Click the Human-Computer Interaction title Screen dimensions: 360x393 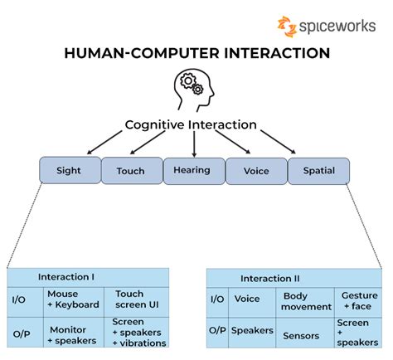(x=196, y=53)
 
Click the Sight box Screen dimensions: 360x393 (x=69, y=171)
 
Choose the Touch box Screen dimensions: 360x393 (x=130, y=171)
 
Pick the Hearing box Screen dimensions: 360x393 (x=193, y=170)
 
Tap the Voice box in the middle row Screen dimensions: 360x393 (x=256, y=171)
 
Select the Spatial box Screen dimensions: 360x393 (x=318, y=171)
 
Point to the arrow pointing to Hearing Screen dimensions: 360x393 (x=194, y=144)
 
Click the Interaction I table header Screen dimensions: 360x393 (x=66, y=276)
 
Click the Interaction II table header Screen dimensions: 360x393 (x=269, y=278)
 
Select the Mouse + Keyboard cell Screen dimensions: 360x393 (x=73, y=299)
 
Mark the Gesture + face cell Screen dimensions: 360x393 (x=359, y=301)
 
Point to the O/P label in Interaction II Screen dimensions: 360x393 (x=217, y=331)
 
